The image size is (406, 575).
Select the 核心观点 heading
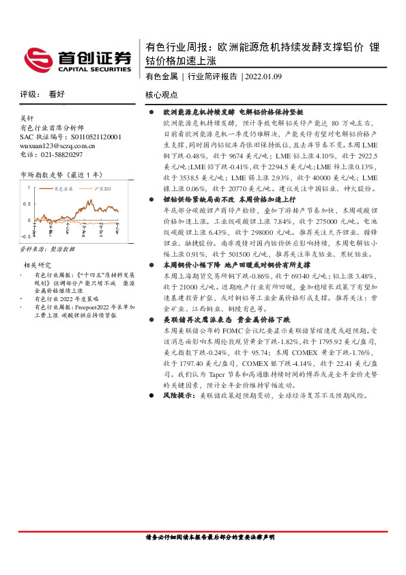click(162, 95)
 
